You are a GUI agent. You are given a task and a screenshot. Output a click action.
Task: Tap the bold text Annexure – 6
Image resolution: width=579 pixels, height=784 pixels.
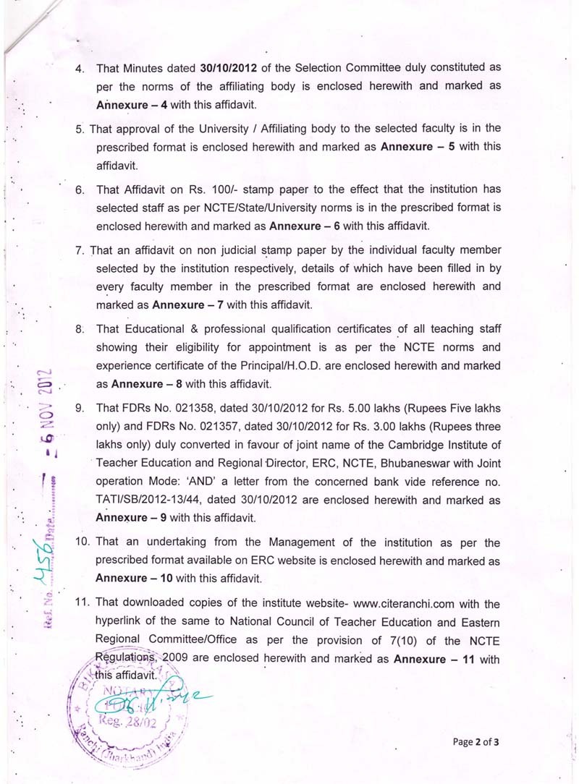305,225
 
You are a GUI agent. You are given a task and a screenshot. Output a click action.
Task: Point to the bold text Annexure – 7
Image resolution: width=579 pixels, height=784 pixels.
188,304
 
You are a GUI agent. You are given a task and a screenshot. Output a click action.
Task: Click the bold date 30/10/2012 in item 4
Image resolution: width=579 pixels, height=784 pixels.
229,67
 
